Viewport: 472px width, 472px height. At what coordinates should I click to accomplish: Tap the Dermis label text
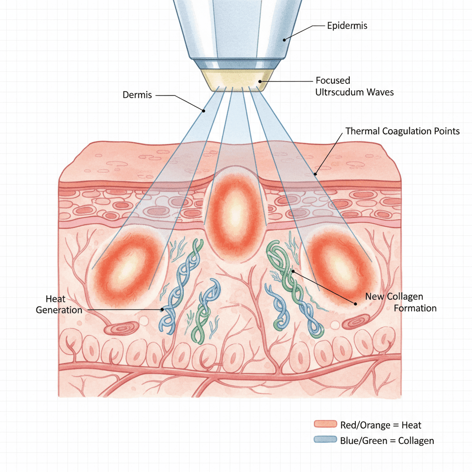[x=137, y=95]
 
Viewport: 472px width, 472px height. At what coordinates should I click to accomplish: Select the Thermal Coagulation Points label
[x=402, y=131]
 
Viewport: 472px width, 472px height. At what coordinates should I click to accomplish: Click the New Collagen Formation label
[x=400, y=302]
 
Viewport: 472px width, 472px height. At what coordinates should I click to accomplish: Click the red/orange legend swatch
[x=325, y=425]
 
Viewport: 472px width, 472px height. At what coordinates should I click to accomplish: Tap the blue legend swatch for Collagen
[x=325, y=440]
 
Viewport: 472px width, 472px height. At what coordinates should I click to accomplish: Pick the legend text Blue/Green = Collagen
[x=387, y=441]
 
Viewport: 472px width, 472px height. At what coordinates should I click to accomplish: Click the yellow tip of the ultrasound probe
[x=235, y=82]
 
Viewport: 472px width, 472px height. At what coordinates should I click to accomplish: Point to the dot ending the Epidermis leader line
[x=285, y=40]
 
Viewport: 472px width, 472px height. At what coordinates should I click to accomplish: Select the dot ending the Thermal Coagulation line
[x=316, y=174]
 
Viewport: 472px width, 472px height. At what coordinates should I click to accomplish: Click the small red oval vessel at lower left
[x=121, y=329]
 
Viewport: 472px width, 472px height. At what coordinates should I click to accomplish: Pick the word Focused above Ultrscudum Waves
[x=333, y=80]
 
